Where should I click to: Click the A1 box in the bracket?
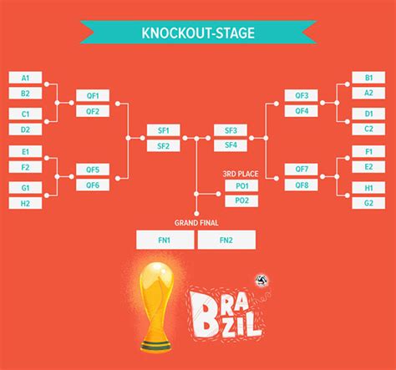(x=25, y=78)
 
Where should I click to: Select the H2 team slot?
(x=25, y=203)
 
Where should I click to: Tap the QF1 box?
(x=93, y=95)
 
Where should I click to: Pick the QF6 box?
(x=93, y=185)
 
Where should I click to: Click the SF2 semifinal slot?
(x=164, y=146)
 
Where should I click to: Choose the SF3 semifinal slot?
(x=231, y=130)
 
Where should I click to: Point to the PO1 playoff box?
(x=241, y=185)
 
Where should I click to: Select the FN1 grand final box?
(x=165, y=240)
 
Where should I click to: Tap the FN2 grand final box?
(x=226, y=240)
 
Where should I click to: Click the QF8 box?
(x=302, y=185)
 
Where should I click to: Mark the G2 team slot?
(x=368, y=203)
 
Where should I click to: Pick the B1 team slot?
(x=368, y=78)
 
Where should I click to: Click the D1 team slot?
(x=368, y=114)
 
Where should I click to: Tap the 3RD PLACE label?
(x=241, y=174)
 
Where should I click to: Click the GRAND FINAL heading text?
(x=196, y=223)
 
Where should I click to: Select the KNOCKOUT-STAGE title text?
(x=198, y=33)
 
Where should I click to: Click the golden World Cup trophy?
(x=155, y=307)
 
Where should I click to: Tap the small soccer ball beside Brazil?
(x=262, y=281)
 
